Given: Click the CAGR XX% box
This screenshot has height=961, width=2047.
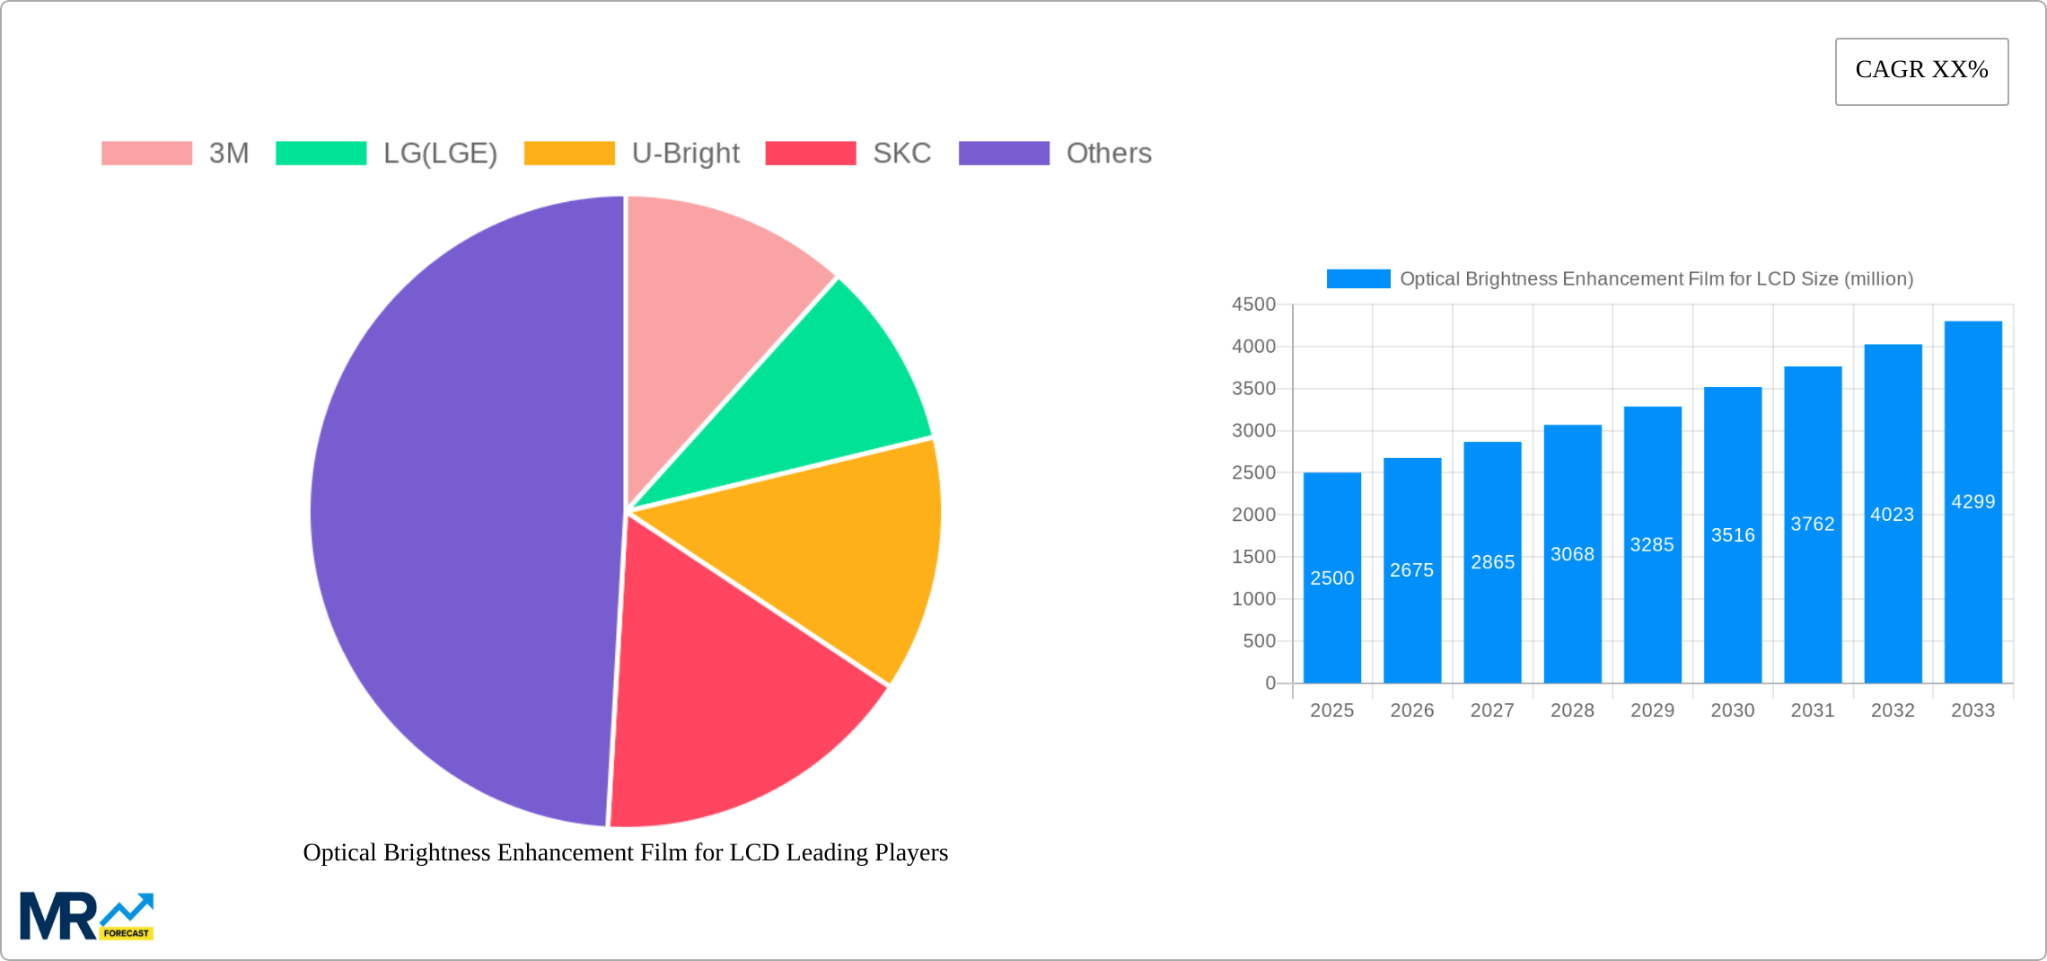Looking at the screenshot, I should (1921, 71).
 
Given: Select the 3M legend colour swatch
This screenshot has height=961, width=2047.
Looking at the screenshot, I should (146, 154).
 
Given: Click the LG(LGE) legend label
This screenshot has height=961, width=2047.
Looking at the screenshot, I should (440, 154).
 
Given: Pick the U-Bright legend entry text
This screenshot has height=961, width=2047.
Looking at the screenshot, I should (685, 154).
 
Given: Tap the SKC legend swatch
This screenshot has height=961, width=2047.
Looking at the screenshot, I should (810, 154).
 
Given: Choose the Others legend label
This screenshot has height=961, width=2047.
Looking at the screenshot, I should (1108, 154).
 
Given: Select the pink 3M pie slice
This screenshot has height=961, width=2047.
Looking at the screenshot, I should (709, 296).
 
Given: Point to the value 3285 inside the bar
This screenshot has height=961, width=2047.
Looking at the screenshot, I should (1652, 544).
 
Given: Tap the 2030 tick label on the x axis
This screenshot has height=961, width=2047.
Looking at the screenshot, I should (1732, 710).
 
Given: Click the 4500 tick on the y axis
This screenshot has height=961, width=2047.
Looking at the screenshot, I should (1253, 304).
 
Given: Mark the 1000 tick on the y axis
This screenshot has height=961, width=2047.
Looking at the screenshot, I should (1253, 599).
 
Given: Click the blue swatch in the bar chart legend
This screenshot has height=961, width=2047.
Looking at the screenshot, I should (1358, 279).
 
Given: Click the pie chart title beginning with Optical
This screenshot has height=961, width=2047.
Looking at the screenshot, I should (625, 852).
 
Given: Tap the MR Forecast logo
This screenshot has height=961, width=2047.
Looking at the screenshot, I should (87, 916).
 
